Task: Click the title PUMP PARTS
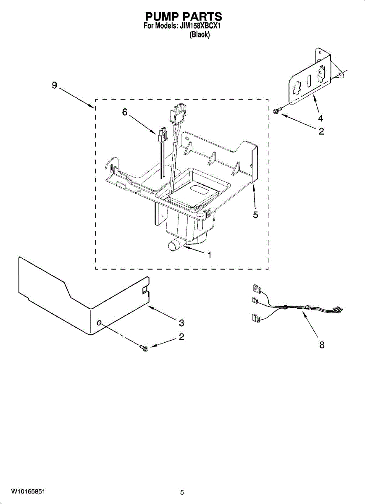click(183, 16)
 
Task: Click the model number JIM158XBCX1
click(200, 26)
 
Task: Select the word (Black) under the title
click(200, 35)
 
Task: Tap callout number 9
click(55, 85)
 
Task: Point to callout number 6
click(125, 112)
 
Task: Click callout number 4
click(320, 118)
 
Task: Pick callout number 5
click(255, 215)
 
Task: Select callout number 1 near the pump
click(209, 255)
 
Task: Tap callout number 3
click(181, 323)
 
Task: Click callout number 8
click(322, 345)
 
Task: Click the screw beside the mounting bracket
click(277, 110)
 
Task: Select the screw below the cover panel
click(144, 348)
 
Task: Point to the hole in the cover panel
click(100, 323)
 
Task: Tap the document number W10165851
click(29, 491)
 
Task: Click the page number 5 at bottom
click(182, 492)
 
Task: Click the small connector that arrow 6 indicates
click(162, 135)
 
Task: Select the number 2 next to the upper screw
click(321, 131)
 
